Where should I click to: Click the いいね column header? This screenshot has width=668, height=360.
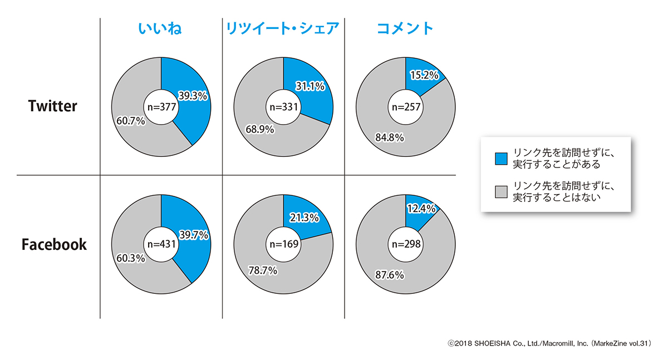pyautogui.click(x=161, y=28)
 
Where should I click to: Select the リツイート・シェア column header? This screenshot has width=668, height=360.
pyautogui.click(x=282, y=28)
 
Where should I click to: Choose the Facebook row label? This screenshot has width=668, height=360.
pyautogui.click(x=54, y=244)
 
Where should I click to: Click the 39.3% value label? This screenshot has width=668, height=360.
pyautogui.click(x=193, y=96)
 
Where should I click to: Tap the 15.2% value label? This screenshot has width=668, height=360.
pyautogui.click(x=425, y=75)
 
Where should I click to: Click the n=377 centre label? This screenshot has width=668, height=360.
pyautogui.click(x=161, y=107)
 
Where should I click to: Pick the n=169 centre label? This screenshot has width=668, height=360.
pyautogui.click(x=283, y=244)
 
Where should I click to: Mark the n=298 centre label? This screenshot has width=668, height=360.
pyautogui.click(x=405, y=244)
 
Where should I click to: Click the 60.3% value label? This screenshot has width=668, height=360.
pyautogui.click(x=130, y=259)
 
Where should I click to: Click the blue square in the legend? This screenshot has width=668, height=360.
pyautogui.click(x=500, y=159)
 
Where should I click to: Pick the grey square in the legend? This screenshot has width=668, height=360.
pyautogui.click(x=500, y=191)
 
